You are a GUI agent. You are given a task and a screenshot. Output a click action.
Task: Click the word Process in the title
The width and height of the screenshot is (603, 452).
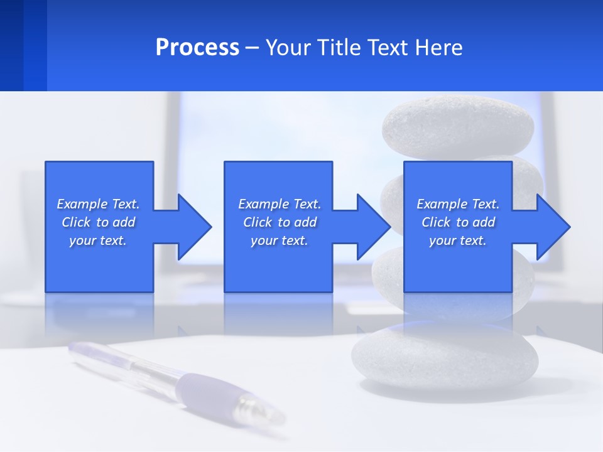(x=197, y=48)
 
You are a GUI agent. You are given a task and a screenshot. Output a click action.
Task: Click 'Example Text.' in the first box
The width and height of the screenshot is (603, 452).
(x=98, y=204)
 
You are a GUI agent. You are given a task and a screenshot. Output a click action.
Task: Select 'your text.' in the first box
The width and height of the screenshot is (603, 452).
(x=98, y=240)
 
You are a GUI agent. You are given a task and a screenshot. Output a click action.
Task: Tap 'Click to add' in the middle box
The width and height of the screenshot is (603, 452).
(x=280, y=222)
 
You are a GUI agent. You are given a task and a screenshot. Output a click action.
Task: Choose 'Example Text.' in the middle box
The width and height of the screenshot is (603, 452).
(x=280, y=204)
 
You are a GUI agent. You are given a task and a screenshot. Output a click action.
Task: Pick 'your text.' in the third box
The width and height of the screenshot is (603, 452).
(x=458, y=240)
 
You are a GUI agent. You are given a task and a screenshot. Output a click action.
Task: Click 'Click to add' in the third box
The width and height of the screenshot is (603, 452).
(x=458, y=222)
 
